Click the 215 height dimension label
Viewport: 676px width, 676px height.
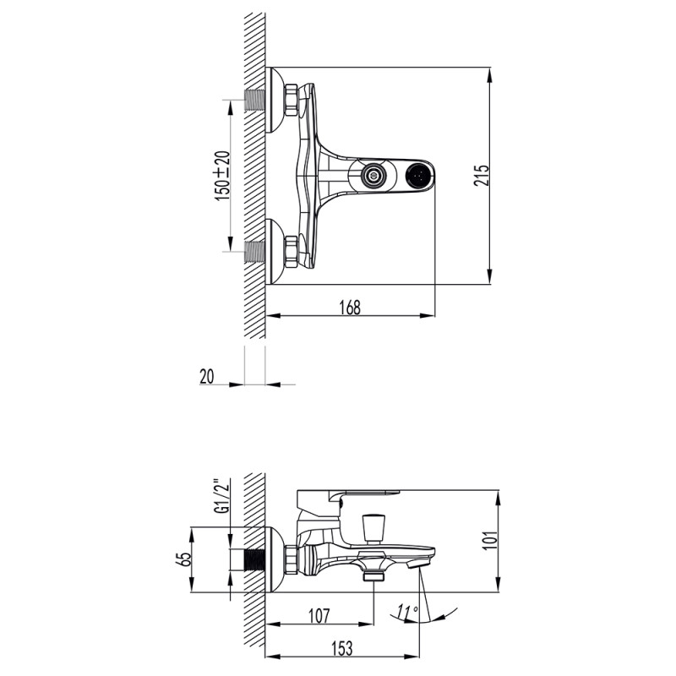[x=481, y=175]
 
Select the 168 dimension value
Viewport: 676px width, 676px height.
[x=351, y=308]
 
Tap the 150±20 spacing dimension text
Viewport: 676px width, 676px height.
[x=222, y=175]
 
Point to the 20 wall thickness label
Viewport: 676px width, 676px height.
[x=207, y=377]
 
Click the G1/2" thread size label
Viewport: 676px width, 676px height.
[x=221, y=498]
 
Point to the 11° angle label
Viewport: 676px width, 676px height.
[x=407, y=610]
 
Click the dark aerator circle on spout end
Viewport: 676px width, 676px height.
[x=418, y=176]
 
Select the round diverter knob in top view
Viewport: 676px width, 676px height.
[x=371, y=176]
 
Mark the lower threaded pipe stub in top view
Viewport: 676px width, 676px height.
[x=254, y=251]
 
